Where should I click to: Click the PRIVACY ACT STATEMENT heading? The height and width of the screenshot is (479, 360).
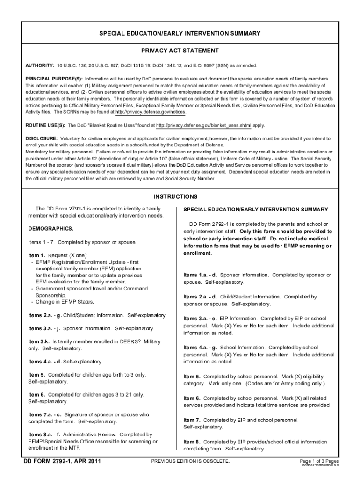click(x=180, y=51)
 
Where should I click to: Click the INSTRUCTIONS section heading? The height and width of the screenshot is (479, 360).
click(x=180, y=197)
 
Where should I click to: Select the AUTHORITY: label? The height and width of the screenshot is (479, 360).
click(x=40, y=65)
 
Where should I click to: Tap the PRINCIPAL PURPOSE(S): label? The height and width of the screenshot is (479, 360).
click(x=54, y=79)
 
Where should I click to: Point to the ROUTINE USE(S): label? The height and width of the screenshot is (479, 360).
click(x=45, y=125)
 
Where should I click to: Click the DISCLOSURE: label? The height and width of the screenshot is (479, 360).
click(x=41, y=139)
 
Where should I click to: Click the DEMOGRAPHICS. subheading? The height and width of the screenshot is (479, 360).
click(x=50, y=229)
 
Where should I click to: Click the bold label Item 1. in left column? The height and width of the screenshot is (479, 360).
click(x=36, y=255)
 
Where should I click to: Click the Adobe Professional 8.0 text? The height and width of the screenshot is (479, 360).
click(x=320, y=466)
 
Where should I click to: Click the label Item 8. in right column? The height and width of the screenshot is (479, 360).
click(x=192, y=442)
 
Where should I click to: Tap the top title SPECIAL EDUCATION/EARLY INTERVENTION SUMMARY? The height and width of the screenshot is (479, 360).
click(x=180, y=33)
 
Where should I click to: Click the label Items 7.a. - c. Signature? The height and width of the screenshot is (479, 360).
click(x=45, y=414)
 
